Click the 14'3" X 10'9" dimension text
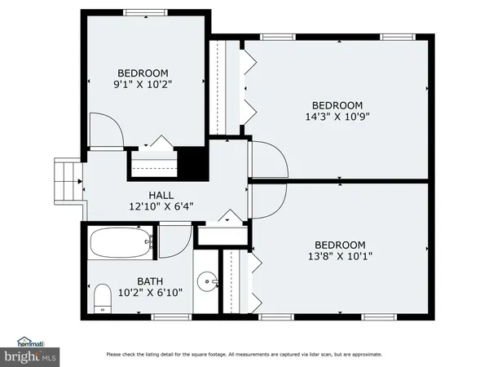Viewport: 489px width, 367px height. coord(337,117)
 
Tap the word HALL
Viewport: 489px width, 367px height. coord(160,195)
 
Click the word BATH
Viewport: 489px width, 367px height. coord(126,281)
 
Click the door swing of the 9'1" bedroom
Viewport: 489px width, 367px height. coord(106,130)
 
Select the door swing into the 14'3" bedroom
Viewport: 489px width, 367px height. coord(269,160)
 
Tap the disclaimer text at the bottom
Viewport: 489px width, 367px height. coord(244,354)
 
